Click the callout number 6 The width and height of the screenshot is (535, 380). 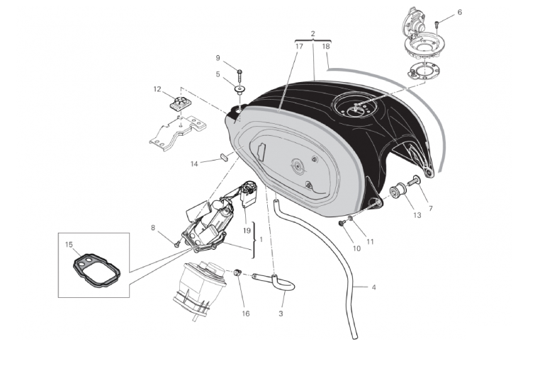point(459,13)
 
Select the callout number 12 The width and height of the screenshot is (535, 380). point(157,89)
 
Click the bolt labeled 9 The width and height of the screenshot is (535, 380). point(240,76)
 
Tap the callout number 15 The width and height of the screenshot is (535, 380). point(69,245)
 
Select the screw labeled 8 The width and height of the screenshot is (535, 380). point(177,244)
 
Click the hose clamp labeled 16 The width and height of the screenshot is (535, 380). point(237,272)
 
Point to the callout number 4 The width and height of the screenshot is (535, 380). point(373,287)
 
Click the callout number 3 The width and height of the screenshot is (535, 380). point(281,313)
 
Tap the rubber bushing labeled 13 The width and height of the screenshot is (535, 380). point(398,191)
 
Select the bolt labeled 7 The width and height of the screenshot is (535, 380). point(415,180)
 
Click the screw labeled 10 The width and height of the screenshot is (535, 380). point(342,222)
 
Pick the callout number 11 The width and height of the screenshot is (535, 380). point(370,241)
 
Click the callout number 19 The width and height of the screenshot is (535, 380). point(247,231)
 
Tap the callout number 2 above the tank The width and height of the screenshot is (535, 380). point(313,33)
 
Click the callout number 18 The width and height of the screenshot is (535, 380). point(326,46)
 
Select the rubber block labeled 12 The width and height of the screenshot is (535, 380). point(180,103)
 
